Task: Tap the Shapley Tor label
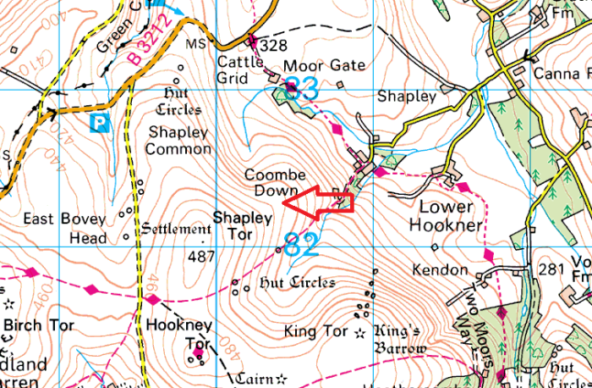coord(243,226)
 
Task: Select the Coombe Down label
coord(272,182)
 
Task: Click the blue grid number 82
coord(301,246)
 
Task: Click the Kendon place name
coord(440,270)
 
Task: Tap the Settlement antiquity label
coord(176,229)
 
